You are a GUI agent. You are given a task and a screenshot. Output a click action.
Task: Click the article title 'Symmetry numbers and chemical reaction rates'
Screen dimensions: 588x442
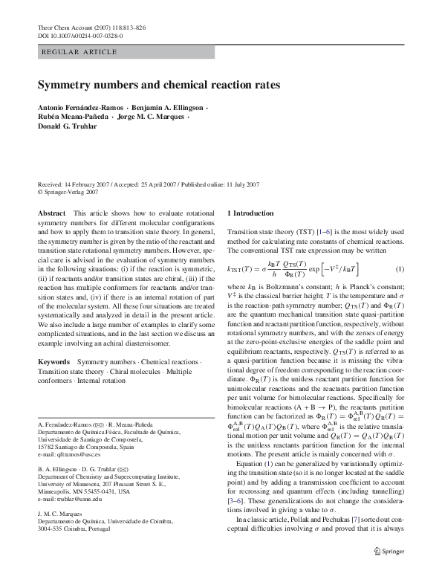click(x=158, y=85)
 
